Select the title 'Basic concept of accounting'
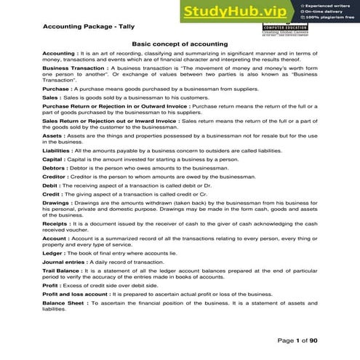[x=180, y=44]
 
